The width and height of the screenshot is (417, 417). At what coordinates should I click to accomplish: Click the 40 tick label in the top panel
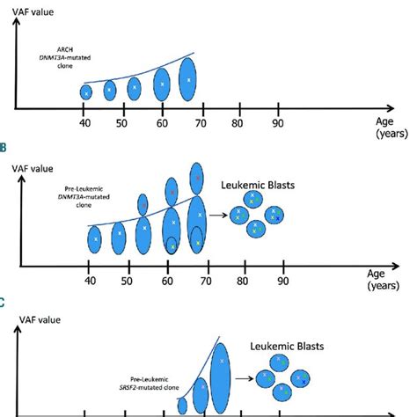85,123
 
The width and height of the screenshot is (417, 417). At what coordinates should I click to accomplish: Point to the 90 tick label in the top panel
279,123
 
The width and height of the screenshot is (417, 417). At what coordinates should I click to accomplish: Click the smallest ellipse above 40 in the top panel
86,91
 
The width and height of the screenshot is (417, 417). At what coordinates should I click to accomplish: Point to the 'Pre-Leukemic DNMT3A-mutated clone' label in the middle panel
75,208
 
